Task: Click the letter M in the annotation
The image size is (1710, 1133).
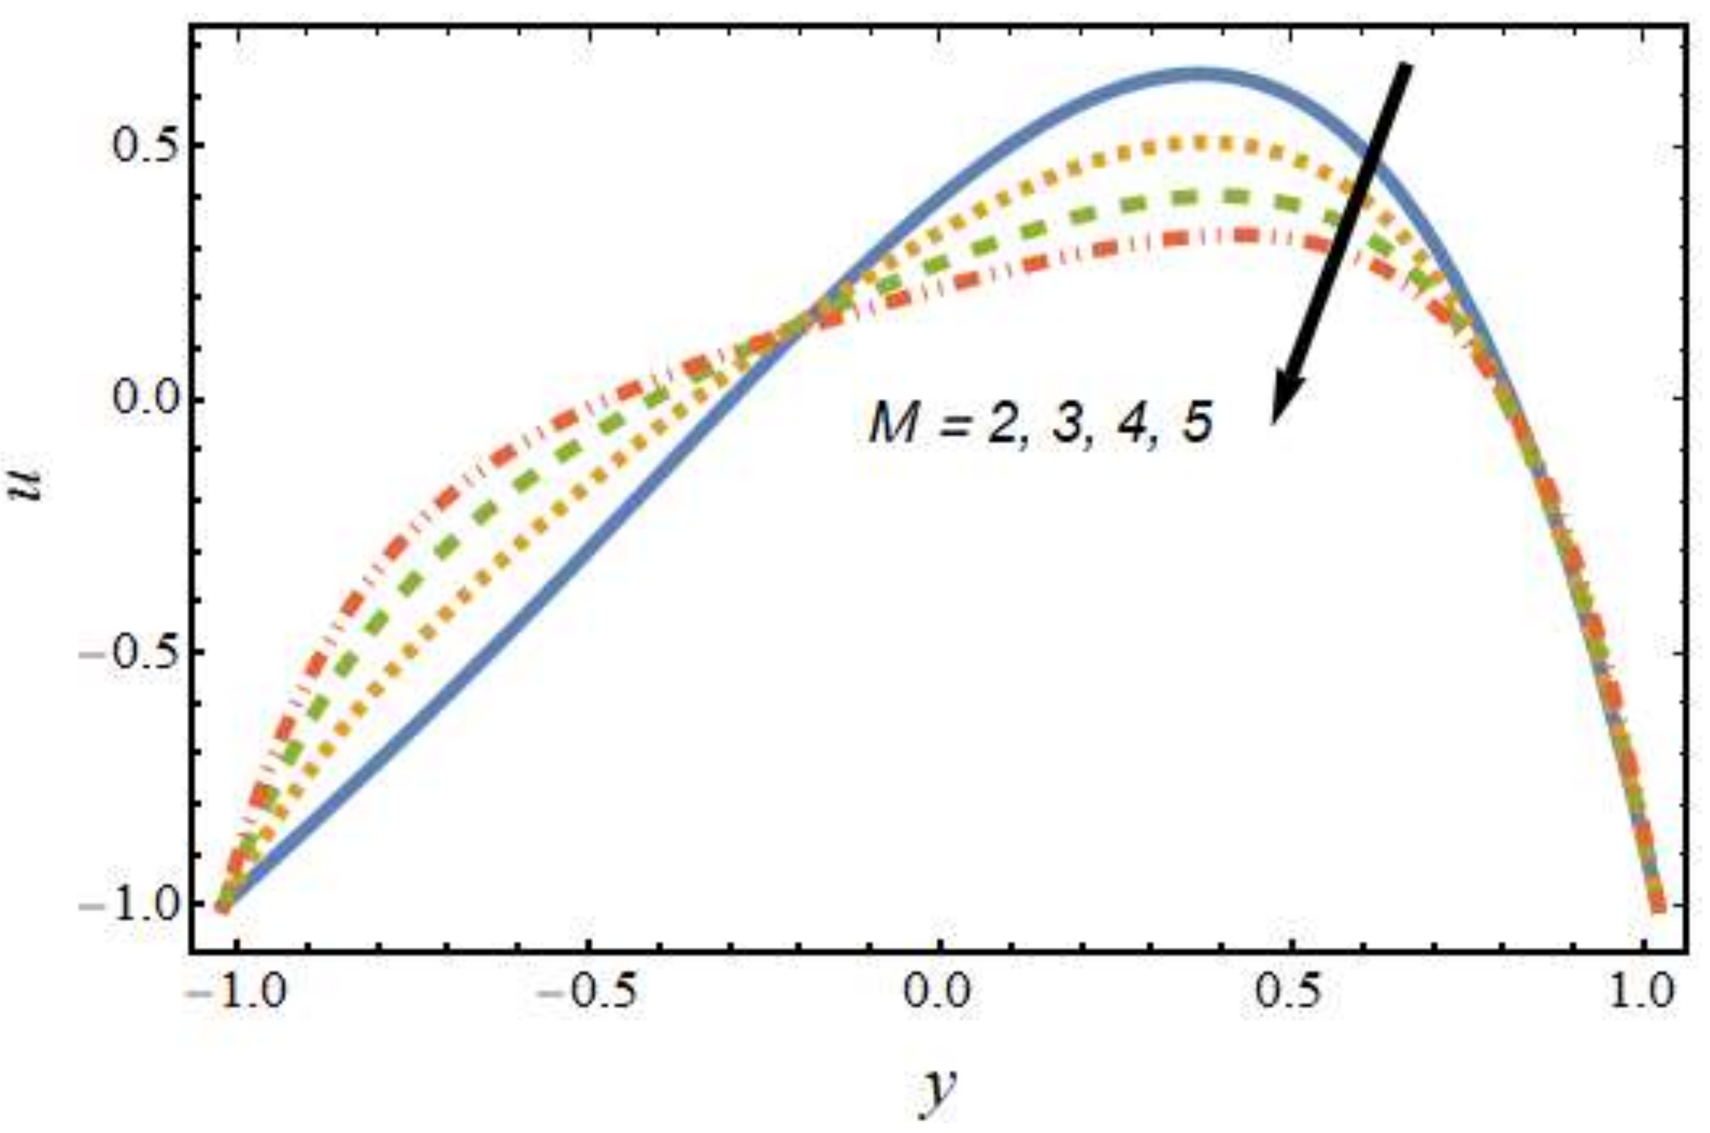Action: tap(893, 427)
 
